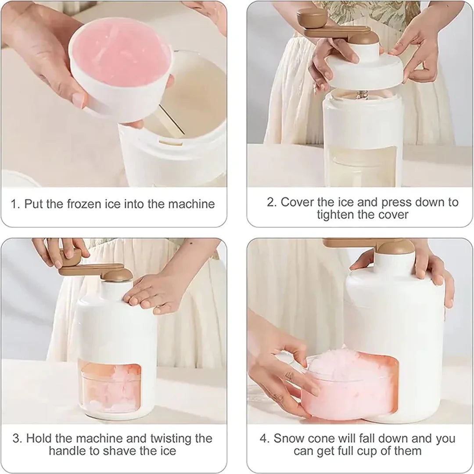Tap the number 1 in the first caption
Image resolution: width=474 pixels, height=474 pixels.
pos(14,204)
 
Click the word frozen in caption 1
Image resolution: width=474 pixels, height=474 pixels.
pos(90,204)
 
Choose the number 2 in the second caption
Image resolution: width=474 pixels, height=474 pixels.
pos(270,202)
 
